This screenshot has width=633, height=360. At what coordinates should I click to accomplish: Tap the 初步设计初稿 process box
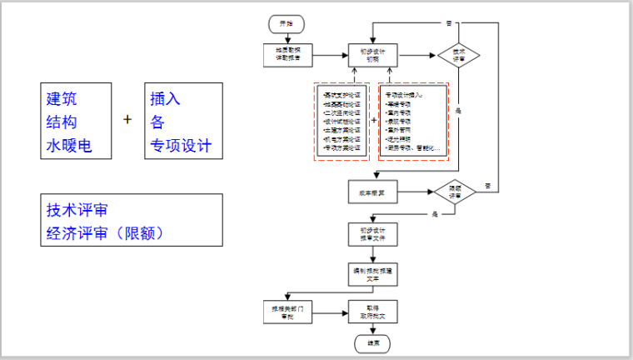(373, 54)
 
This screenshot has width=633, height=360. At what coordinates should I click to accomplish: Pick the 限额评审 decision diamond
(454, 192)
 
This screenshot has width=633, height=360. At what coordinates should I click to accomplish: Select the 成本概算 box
(373, 192)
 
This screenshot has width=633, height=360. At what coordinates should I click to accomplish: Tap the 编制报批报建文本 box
(372, 272)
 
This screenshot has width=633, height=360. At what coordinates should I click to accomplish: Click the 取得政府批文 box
(372, 312)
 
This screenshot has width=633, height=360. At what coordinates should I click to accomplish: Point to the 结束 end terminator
(372, 342)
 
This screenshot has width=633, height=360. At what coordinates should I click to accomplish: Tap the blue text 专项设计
(181, 147)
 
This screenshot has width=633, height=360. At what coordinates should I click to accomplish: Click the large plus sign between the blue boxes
(127, 120)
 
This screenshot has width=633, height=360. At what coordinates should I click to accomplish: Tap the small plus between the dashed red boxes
(373, 120)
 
